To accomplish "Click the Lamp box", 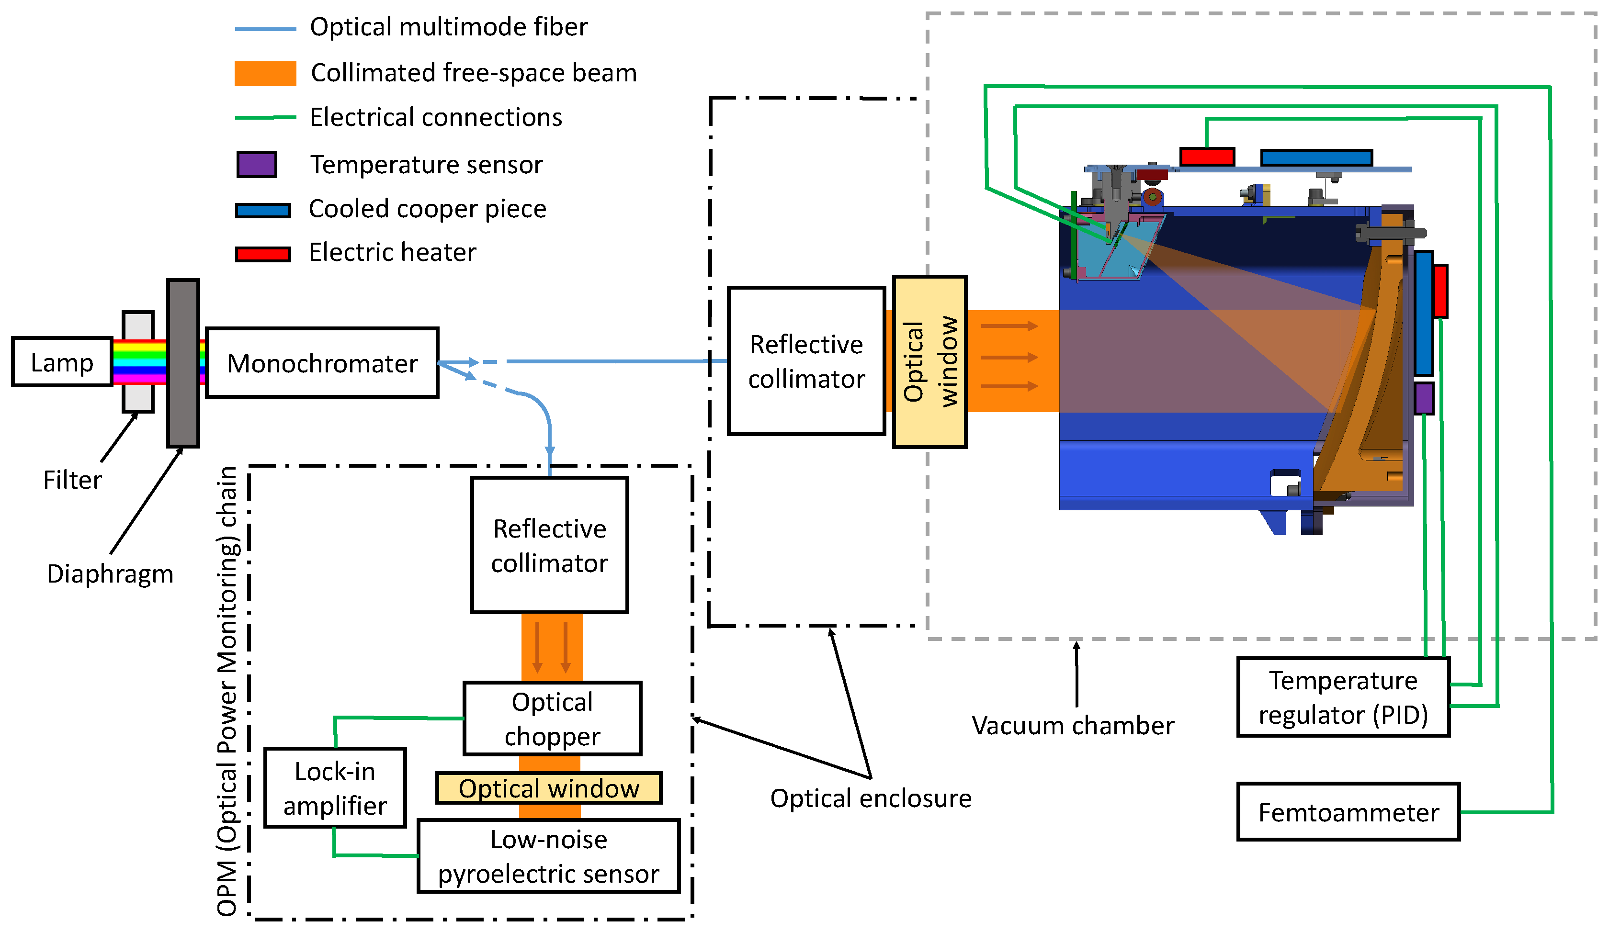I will (62, 362).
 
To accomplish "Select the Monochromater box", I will (322, 363).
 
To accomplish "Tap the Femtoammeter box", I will (1348, 812).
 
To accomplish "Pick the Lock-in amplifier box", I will (335, 788).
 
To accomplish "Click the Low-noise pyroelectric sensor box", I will (548, 856).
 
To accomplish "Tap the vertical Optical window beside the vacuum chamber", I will (929, 362).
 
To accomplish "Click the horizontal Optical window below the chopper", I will (548, 788).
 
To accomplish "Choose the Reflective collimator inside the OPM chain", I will (549, 545).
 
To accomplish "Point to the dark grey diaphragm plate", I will (183, 362).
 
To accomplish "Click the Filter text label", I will (72, 480).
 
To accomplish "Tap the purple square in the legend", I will (257, 165).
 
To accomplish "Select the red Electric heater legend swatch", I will (263, 254).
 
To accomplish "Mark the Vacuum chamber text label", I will (1073, 726).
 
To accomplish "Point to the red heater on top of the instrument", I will (1207, 157).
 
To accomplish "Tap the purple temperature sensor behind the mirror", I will (1424, 398).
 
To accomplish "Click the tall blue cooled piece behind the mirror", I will (1423, 313).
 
